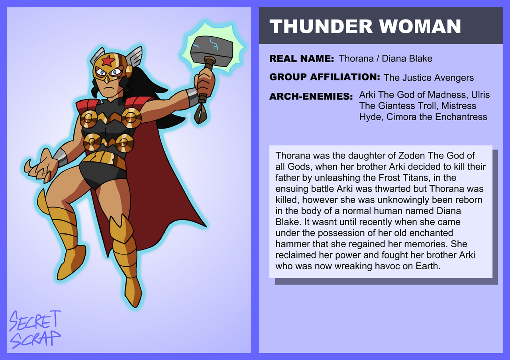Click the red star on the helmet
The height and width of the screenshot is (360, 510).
click(x=108, y=61)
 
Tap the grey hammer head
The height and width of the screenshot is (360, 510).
click(x=212, y=51)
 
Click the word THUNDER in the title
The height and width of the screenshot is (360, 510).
click(x=321, y=26)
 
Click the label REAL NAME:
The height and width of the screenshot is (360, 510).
click(x=302, y=59)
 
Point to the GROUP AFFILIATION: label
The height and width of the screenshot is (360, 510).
click(x=325, y=77)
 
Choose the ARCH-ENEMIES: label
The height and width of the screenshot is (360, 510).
click(x=311, y=96)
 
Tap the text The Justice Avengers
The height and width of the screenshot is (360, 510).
click(x=429, y=78)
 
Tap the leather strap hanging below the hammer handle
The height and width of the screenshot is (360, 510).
click(x=200, y=113)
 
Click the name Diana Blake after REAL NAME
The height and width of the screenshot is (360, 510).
click(x=407, y=59)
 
